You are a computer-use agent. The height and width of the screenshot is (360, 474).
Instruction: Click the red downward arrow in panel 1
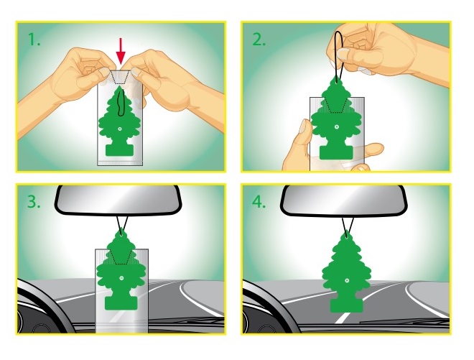pos(121,52)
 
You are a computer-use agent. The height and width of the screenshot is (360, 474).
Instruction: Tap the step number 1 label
pos(34,40)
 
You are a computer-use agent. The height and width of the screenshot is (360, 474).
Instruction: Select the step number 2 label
pos(259,40)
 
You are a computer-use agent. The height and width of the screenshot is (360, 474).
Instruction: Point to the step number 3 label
pos(34,201)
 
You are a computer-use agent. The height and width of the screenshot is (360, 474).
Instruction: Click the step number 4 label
pos(259,201)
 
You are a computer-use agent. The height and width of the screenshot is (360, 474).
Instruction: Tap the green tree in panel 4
pos(346,272)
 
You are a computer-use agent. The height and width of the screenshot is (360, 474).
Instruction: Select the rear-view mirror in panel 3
pos(118,200)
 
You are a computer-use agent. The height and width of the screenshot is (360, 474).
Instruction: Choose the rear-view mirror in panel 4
pos(344,200)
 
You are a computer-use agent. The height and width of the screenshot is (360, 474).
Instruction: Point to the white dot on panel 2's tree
pos(337,127)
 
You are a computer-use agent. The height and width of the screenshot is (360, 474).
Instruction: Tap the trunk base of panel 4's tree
pos(346,305)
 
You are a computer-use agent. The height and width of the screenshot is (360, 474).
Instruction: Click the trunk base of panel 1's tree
pos(119,149)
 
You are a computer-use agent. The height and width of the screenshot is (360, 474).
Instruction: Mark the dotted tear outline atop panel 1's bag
pos(120,78)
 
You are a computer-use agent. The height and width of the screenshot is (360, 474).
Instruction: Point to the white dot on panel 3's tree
pos(121,277)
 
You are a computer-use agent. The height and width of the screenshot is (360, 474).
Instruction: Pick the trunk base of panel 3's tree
pos(121,303)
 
